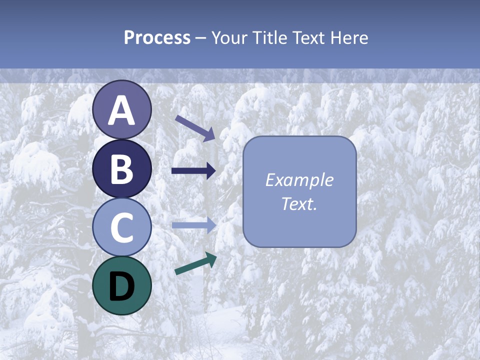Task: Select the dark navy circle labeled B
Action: pos(122,168)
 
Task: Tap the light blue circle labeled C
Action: pos(122,227)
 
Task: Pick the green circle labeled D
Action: pos(122,285)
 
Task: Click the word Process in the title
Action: pos(157,37)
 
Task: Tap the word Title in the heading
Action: pos(270,37)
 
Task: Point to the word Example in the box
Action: pos(299,180)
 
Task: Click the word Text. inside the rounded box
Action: pos(299,204)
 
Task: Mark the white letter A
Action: pos(122,111)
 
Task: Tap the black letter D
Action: pos(122,286)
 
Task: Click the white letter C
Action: pos(122,228)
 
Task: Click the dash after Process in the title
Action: pos(201,38)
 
